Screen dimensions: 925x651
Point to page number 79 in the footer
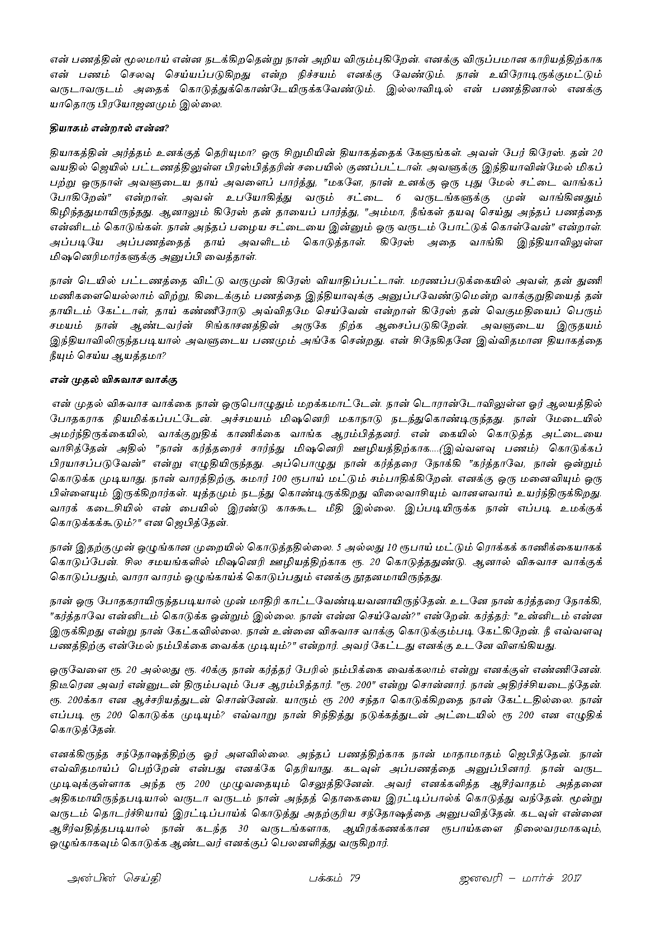click(x=353, y=877)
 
